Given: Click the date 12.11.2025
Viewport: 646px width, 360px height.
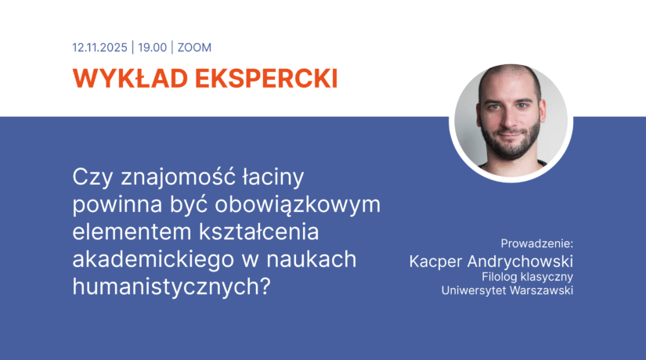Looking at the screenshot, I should pyautogui.click(x=100, y=47).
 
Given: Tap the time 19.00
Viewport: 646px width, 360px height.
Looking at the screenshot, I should pyautogui.click(x=153, y=47).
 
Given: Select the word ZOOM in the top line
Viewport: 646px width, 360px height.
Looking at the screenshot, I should pyautogui.click(x=194, y=47).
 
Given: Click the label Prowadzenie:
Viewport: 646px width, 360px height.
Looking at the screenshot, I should pyautogui.click(x=537, y=243).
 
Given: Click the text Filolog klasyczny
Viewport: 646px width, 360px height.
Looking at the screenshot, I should pyautogui.click(x=528, y=276).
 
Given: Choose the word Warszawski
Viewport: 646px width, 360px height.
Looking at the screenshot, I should pyautogui.click(x=544, y=291).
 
